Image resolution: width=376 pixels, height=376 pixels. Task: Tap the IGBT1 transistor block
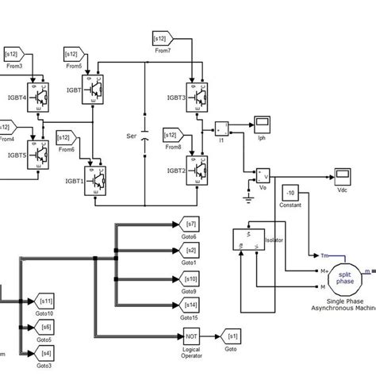[x=108, y=175]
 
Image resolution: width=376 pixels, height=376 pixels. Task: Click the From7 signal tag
[x=164, y=39]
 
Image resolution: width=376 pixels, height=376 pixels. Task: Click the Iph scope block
[x=262, y=123]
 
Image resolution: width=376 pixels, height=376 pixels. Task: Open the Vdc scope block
[x=343, y=173]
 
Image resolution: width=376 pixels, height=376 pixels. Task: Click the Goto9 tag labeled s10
[x=190, y=279]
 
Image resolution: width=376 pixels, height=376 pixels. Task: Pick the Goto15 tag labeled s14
[x=190, y=305]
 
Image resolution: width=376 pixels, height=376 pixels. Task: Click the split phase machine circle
[x=346, y=280]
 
